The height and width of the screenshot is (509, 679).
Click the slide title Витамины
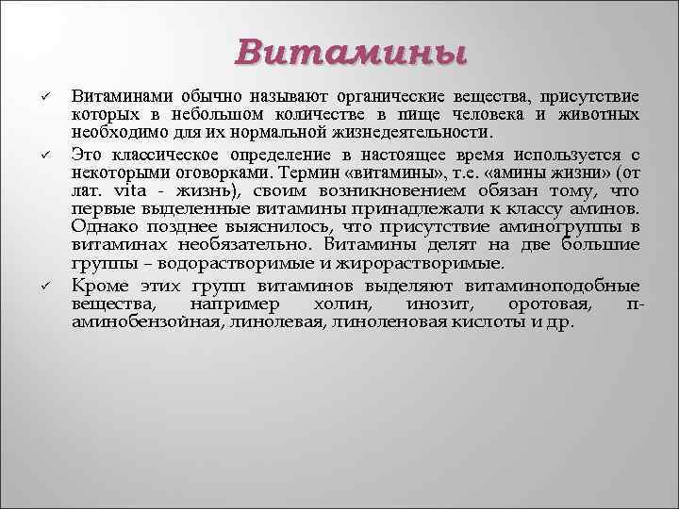352,51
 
